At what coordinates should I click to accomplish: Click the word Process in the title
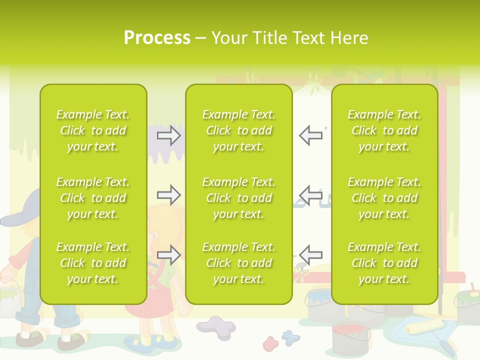157,38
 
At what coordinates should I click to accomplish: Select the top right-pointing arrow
169,135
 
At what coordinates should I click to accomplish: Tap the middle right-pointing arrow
169,195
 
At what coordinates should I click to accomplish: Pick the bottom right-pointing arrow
169,254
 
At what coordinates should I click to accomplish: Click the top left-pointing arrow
310,135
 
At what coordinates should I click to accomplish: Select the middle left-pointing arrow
310,195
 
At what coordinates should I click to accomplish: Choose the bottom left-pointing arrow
310,254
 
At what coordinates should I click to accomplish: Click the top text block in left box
92,130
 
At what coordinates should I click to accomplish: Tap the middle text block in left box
92,198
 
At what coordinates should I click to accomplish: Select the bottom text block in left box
92,263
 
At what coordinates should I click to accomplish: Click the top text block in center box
238,130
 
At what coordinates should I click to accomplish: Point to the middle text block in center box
238,198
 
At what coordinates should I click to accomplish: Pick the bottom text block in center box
238,263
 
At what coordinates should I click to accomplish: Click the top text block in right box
384,130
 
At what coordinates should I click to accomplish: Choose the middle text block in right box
384,198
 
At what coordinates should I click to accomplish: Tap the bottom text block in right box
384,263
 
